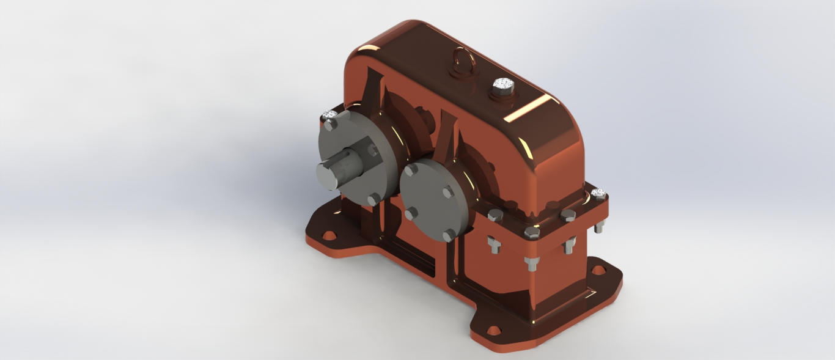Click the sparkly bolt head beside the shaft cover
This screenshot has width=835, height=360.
[329, 114]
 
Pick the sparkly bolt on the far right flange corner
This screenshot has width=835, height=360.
[598, 194]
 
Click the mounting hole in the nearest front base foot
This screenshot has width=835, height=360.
[493, 330]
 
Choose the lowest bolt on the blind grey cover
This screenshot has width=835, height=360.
[450, 235]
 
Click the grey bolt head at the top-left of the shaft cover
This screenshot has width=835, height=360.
[330, 125]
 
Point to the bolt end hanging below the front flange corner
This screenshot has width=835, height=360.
[532, 263]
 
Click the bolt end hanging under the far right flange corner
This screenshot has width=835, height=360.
[599, 227]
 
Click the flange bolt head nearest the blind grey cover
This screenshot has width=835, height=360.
[495, 215]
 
